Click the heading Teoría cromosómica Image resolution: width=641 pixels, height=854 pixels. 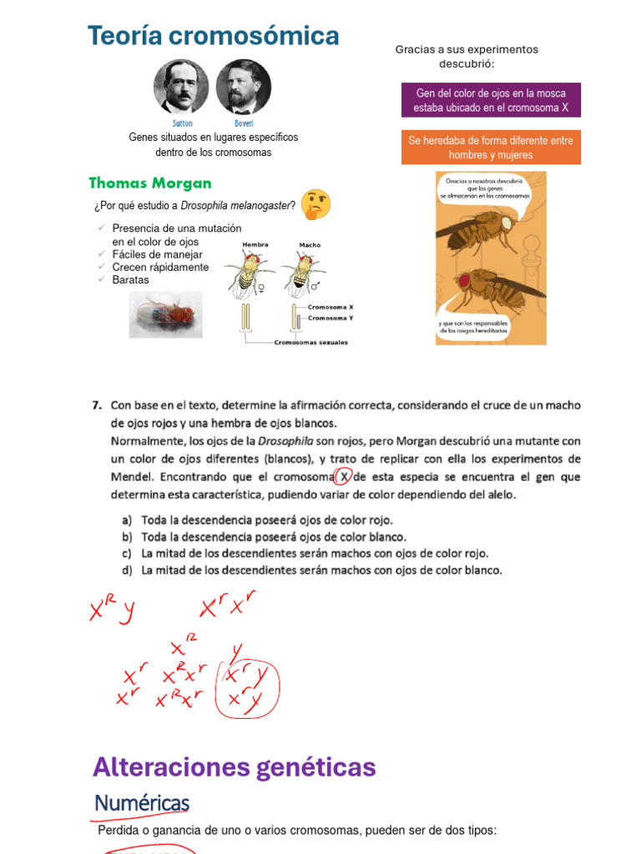[213, 36]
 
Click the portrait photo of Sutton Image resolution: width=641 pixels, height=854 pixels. [181, 87]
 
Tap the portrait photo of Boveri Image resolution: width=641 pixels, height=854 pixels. [243, 87]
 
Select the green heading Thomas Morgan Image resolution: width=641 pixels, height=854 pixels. [150, 183]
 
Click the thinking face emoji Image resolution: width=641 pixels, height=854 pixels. [315, 203]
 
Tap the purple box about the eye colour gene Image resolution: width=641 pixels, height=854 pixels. [491, 100]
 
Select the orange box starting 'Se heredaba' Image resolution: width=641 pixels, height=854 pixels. [491, 148]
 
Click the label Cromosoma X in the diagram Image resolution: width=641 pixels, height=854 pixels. [331, 307]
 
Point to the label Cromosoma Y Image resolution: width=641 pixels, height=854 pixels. [331, 318]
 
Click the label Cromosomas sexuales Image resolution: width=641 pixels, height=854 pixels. [310, 342]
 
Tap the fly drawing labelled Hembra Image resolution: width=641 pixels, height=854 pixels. [249, 274]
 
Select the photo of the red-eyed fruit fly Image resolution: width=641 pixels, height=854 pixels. [165, 314]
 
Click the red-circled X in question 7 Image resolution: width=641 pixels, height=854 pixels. [342, 477]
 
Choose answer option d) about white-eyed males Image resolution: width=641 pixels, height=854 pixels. [321, 570]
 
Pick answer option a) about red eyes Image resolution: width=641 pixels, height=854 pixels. [266, 520]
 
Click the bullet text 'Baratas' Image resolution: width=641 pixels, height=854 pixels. [130, 280]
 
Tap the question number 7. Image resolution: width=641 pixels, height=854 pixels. [97, 406]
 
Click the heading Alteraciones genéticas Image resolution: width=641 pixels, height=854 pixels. [234, 766]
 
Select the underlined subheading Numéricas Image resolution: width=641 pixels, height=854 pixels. [142, 803]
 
